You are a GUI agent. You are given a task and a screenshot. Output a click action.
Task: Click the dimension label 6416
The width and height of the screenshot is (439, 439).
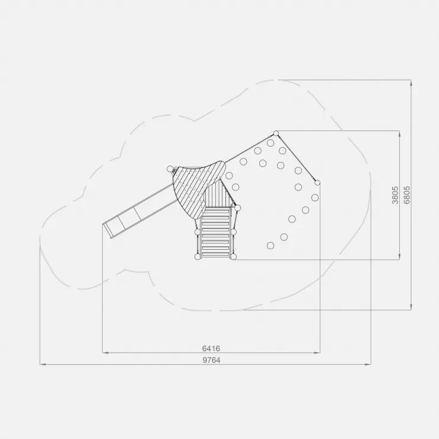click(211, 349)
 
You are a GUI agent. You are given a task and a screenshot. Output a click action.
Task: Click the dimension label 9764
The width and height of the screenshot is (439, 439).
click(211, 360)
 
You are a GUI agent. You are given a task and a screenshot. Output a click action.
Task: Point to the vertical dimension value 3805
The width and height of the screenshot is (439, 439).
click(395, 195)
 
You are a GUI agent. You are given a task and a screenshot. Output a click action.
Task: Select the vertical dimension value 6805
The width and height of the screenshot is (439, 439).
click(407, 195)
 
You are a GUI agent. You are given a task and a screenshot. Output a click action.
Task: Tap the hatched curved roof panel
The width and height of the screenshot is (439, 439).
click(199, 188)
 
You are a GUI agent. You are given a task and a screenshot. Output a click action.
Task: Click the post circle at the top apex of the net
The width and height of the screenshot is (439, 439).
click(276, 133)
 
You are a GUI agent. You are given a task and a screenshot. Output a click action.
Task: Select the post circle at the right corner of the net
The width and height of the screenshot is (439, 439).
click(317, 183)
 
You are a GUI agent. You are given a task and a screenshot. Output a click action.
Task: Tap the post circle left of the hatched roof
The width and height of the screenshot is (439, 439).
click(170, 169)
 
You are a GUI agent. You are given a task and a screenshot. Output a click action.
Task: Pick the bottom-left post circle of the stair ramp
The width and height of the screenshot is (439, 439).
click(198, 256)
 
